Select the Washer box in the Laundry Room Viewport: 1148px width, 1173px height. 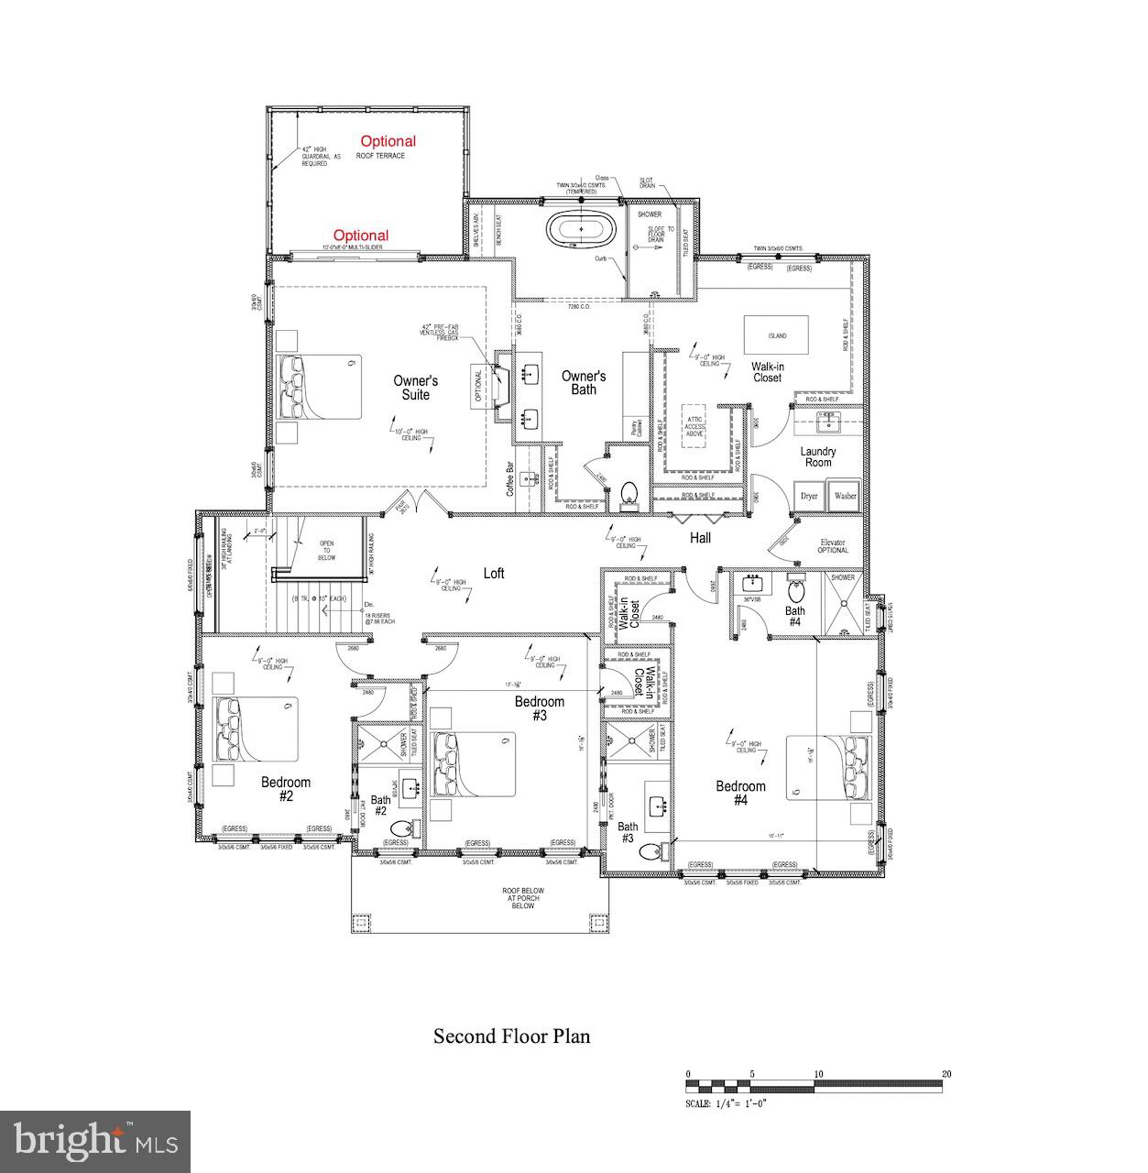844,496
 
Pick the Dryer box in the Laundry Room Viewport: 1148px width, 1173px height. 808,496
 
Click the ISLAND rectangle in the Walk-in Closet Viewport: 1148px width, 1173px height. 776,335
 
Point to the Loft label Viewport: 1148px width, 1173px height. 494,574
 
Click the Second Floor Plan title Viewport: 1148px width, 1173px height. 511,1036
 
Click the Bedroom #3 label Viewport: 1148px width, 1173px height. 539,708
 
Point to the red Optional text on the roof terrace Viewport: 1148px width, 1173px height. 388,141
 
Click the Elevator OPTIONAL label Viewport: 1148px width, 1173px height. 833,546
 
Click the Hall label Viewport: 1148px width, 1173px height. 701,538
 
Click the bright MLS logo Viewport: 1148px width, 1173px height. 95,1141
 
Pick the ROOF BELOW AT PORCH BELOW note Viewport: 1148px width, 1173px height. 523,898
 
